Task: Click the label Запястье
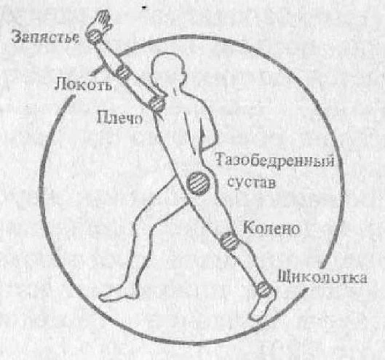pos(46,37)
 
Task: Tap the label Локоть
pos(83,84)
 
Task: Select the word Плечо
pos(119,118)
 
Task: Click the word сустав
pos(252,183)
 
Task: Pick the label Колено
pos(271,228)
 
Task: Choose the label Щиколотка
pos(322,278)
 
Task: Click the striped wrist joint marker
pos(94,36)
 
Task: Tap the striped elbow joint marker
pos(122,72)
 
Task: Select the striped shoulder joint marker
pos(156,103)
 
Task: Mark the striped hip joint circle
pos(199,183)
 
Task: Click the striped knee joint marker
pos(229,241)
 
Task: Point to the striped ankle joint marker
pos(265,289)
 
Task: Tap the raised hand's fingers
pos(103,19)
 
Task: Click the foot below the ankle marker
pos(263,307)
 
